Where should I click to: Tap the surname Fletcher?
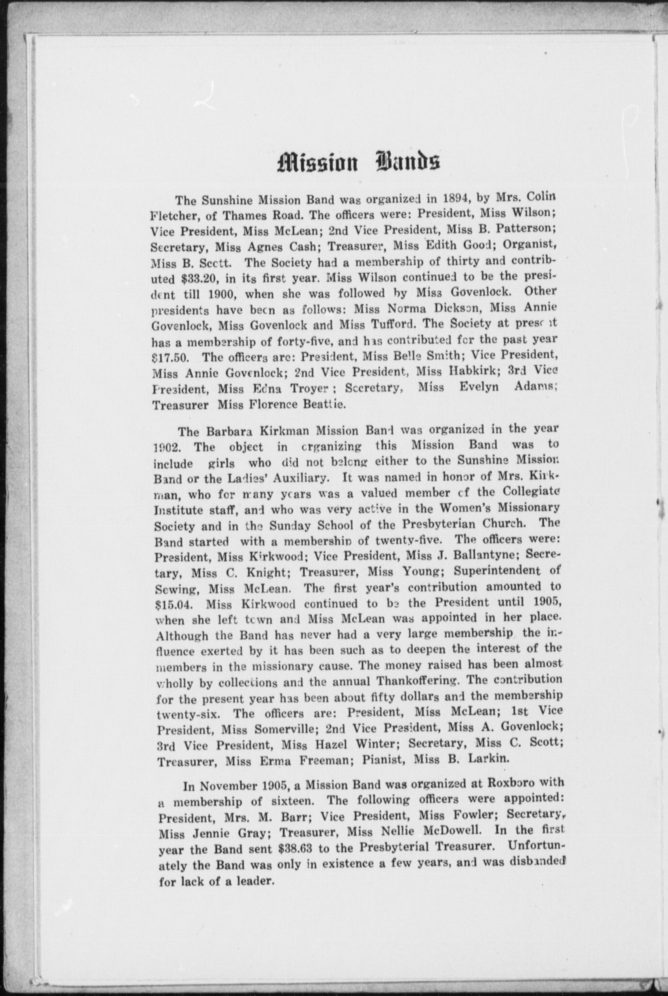(x=173, y=215)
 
